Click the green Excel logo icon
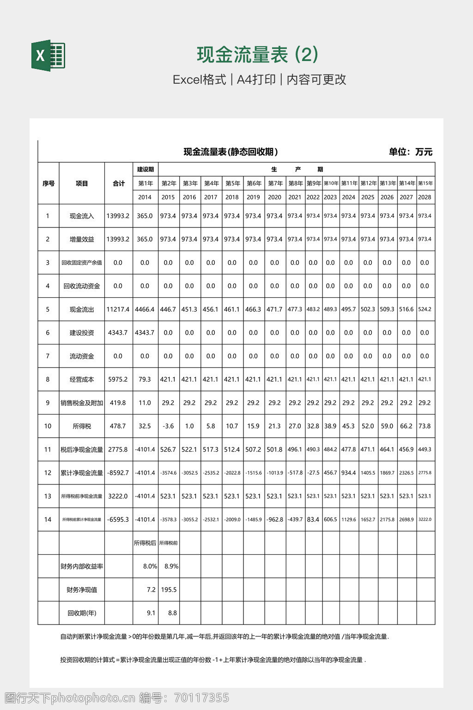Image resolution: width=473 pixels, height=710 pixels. pos(48,55)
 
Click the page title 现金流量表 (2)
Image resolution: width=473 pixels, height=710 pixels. pos(257,55)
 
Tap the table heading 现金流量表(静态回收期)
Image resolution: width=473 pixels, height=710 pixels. pos(230,152)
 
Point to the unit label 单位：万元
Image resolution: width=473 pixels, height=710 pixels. pos(410,152)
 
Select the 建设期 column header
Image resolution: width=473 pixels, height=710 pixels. pos(145,169)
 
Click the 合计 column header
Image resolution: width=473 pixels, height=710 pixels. pos(119,184)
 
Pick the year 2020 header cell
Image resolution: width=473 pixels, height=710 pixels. pos(274,197)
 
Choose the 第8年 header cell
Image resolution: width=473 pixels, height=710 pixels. pos(295,184)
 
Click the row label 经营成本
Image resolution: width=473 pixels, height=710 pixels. pos(82,379)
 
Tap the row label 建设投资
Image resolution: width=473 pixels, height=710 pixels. pos(82,333)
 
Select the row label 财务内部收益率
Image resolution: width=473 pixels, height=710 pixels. pos(82,566)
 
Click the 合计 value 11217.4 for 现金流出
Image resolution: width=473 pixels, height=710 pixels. pos(118,309)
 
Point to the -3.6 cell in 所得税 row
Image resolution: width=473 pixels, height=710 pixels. pos(168,426)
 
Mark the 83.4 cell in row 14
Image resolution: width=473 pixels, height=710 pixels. pos(313,520)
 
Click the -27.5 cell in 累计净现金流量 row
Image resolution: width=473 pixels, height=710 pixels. pos(313,473)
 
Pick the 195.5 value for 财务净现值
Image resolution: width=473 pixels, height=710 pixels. pos(169,590)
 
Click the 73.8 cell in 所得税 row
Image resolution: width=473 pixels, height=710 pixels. pos(424,426)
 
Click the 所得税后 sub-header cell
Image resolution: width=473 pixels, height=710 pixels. pos(145,543)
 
